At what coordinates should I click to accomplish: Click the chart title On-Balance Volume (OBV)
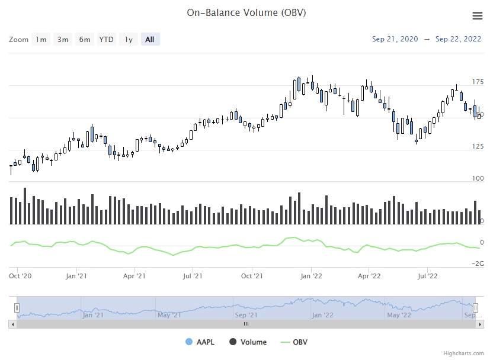tap(246, 12)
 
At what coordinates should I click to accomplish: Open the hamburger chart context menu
tap(477, 16)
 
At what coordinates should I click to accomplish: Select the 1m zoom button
tap(41, 40)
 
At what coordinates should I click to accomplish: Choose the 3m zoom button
tap(63, 40)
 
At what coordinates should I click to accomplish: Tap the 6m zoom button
tap(85, 40)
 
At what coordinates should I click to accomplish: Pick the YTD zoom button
tap(107, 40)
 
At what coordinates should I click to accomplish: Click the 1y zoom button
tap(129, 40)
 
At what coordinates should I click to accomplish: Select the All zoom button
tap(150, 40)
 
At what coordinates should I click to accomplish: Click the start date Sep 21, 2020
tap(395, 39)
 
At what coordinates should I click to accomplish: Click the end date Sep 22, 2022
tap(458, 39)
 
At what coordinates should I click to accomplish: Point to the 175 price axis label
tap(478, 82)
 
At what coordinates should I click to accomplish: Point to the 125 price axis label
tap(478, 146)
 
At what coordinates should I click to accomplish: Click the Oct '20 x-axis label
tap(20, 276)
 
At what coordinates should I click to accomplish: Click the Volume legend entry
tap(248, 342)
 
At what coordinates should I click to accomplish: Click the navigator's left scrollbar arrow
tap(12, 324)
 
